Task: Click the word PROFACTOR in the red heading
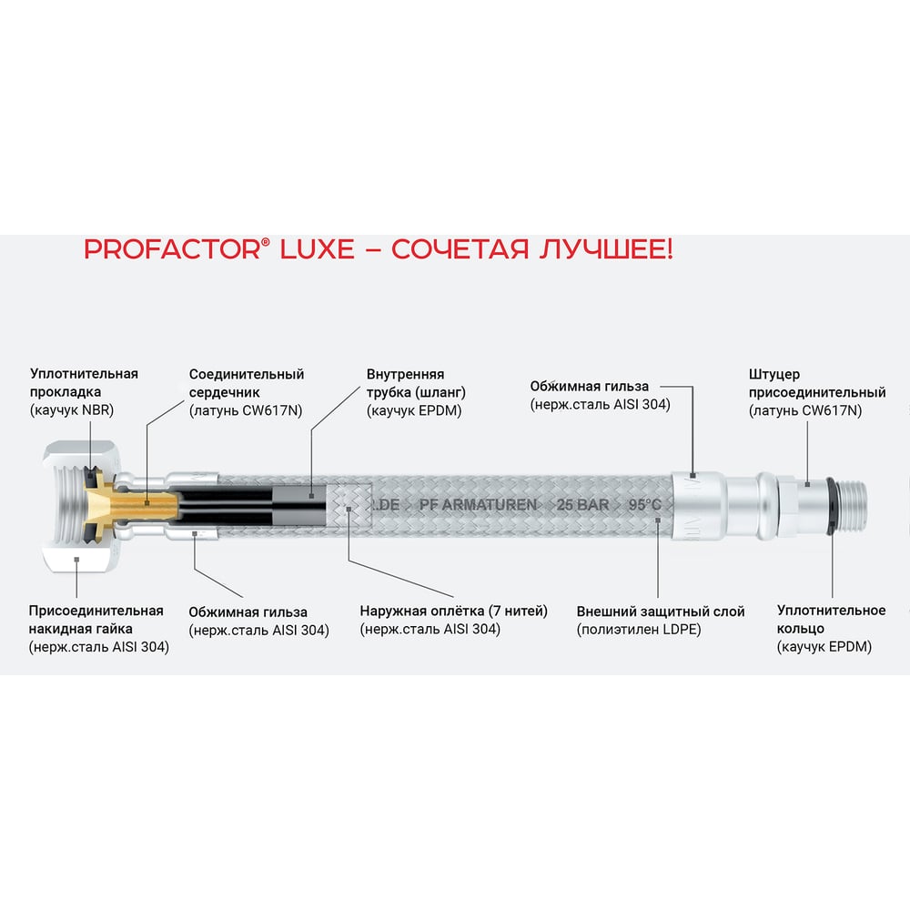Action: point(168,249)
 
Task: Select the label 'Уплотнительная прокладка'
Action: point(84,382)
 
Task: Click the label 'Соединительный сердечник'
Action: point(247,383)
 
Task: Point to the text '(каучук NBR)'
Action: point(72,409)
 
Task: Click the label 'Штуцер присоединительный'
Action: point(816,383)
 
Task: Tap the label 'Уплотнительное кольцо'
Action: point(831,620)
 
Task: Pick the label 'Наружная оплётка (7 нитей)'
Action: point(453,612)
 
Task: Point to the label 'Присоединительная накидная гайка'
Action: point(96,620)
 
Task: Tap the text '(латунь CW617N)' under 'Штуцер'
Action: point(805,410)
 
